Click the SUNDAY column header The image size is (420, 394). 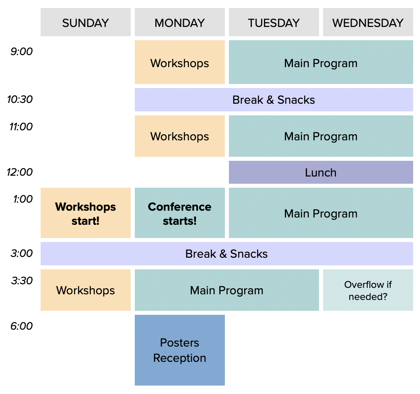coord(85,23)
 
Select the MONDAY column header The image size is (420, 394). coord(179,23)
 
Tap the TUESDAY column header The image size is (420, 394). coord(274,23)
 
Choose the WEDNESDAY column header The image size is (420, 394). coord(368,23)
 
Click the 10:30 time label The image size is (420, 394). coord(20,99)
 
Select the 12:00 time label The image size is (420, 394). coord(20,172)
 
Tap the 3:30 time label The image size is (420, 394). coord(22,281)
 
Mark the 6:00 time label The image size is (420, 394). coord(22,326)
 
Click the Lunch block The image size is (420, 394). coord(321,172)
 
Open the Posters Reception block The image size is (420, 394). coord(179,350)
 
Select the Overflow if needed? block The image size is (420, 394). coord(368,290)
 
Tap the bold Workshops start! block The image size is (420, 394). coord(85,213)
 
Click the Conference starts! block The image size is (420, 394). coord(179,213)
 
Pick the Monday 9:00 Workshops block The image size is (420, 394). coord(179,63)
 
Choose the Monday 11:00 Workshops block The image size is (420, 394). coord(179,136)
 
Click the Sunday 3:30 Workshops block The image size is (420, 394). coord(85,290)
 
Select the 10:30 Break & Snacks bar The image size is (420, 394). coord(274,100)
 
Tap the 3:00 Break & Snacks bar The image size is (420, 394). coord(226,254)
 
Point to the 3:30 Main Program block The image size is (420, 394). coord(226,290)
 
